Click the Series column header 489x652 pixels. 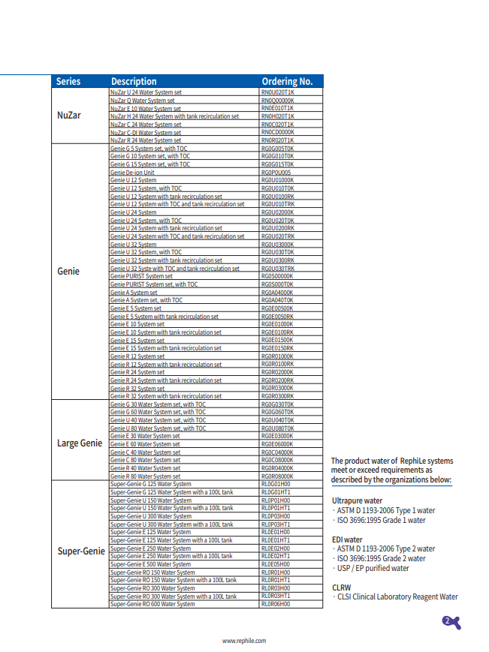click(68, 81)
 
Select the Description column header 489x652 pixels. click(134, 81)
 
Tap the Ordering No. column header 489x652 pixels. click(287, 81)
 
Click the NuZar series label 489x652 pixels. click(69, 116)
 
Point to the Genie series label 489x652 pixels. click(68, 271)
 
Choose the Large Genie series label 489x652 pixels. click(80, 443)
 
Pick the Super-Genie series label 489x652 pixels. click(81, 551)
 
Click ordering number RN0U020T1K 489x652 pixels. click(277, 92)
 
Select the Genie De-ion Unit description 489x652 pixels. click(132, 173)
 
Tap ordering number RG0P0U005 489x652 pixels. click(276, 173)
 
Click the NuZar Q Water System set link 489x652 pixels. click(143, 100)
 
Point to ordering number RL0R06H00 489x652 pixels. click(275, 604)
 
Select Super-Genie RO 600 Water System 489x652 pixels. click(152, 604)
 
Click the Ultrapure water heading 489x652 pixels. click(357, 500)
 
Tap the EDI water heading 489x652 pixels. click(347, 539)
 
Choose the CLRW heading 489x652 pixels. click(341, 587)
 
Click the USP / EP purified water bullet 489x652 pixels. click(373, 568)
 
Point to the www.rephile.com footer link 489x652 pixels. click(244, 640)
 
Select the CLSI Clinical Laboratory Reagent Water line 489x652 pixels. click(396, 597)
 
